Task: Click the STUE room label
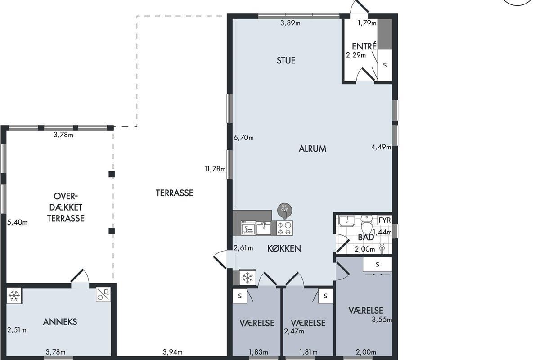tap(286, 60)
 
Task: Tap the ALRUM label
tap(312, 148)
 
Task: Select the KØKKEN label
tap(284, 248)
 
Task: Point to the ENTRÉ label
tap(364, 46)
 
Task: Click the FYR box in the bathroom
tap(384, 220)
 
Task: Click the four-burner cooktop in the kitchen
tap(285, 228)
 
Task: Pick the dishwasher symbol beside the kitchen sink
tap(248, 228)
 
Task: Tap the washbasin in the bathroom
tap(346, 221)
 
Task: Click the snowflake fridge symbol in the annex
tap(14, 295)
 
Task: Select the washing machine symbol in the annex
tap(103, 294)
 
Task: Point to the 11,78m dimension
tap(215, 169)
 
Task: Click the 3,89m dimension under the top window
tap(291, 23)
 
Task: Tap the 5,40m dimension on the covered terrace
tap(18, 222)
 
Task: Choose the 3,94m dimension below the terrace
tap(173, 352)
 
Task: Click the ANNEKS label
tap(60, 322)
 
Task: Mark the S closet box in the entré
tap(385, 65)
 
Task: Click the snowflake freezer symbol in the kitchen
tap(247, 277)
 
